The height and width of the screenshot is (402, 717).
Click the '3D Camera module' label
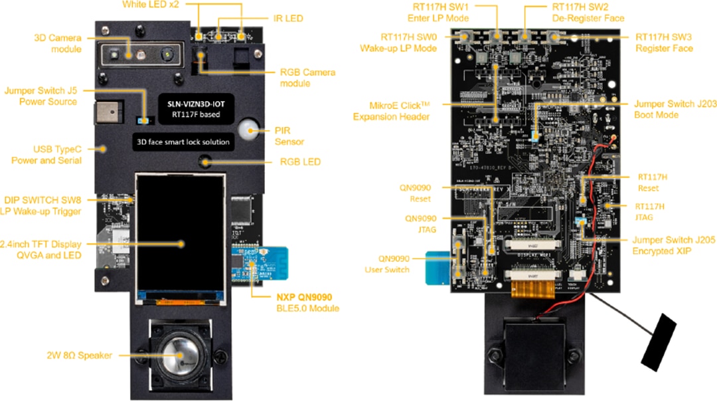coord(58,43)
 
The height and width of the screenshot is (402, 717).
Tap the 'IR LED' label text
coord(288,18)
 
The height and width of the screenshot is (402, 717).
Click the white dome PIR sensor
coord(248,129)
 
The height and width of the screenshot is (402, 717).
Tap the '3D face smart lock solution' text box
coord(183,142)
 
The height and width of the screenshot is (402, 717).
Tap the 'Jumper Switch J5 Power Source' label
coord(40,96)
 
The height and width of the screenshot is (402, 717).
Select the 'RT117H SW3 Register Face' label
coord(664,42)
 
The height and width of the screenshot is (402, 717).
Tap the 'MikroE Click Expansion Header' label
coord(400,111)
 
